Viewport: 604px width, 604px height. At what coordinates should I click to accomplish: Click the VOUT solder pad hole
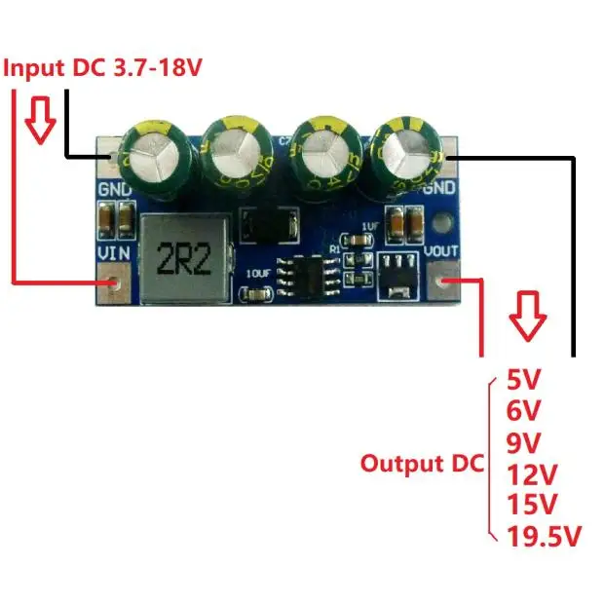click(447, 283)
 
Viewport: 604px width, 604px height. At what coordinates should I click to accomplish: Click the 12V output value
click(532, 474)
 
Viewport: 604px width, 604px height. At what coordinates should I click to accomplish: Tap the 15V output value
click(532, 504)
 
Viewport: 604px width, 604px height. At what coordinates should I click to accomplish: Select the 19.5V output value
click(545, 535)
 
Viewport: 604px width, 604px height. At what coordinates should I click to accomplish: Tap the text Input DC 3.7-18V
click(105, 68)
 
